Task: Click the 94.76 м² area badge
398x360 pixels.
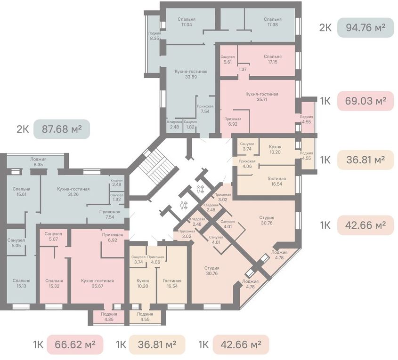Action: tap(365, 28)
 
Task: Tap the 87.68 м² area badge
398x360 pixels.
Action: tap(62, 129)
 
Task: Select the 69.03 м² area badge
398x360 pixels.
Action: tap(366, 101)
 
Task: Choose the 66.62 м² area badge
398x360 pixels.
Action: tap(75, 344)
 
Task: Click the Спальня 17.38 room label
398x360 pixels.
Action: tap(273, 22)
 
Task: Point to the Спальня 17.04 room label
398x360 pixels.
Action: tap(187, 22)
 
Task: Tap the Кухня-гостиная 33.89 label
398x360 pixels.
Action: tap(191, 74)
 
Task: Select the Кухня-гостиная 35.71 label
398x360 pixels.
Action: tap(262, 96)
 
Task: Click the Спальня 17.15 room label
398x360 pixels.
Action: tap(273, 59)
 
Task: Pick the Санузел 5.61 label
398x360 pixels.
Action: tap(227, 60)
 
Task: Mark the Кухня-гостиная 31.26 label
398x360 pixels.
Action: tap(73, 192)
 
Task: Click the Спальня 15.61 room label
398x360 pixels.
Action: tap(22, 192)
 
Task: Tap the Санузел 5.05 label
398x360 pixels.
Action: tap(16, 243)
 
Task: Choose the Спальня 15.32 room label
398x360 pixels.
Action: tap(54, 283)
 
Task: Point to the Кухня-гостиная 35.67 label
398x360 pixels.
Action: tap(97, 283)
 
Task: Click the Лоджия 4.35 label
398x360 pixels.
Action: tap(109, 317)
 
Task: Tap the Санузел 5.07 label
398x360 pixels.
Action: tap(53, 236)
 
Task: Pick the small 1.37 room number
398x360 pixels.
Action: tap(243, 69)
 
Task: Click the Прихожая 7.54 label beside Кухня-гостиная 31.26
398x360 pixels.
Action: tap(110, 214)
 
